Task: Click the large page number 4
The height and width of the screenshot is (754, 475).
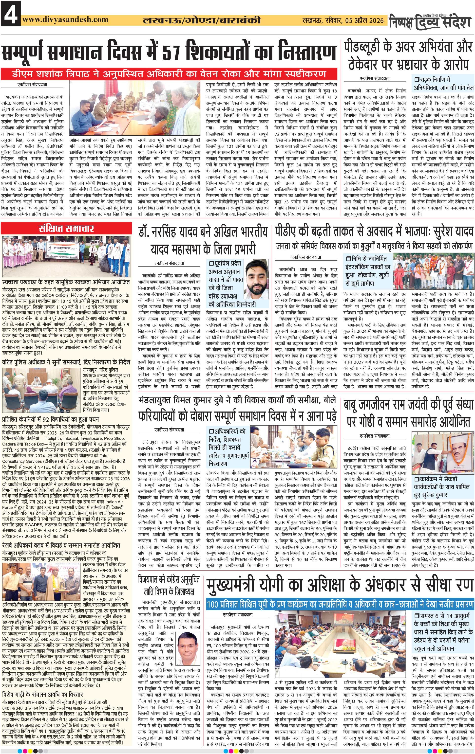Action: pyautogui.click(x=11, y=13)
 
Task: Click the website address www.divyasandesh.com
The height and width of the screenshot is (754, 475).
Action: pyautogui.click(x=65, y=20)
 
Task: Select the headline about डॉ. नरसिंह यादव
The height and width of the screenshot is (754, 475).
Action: pyautogui.click(x=203, y=240)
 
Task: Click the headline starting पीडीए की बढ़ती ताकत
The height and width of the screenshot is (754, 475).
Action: pyautogui.click(x=374, y=232)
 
